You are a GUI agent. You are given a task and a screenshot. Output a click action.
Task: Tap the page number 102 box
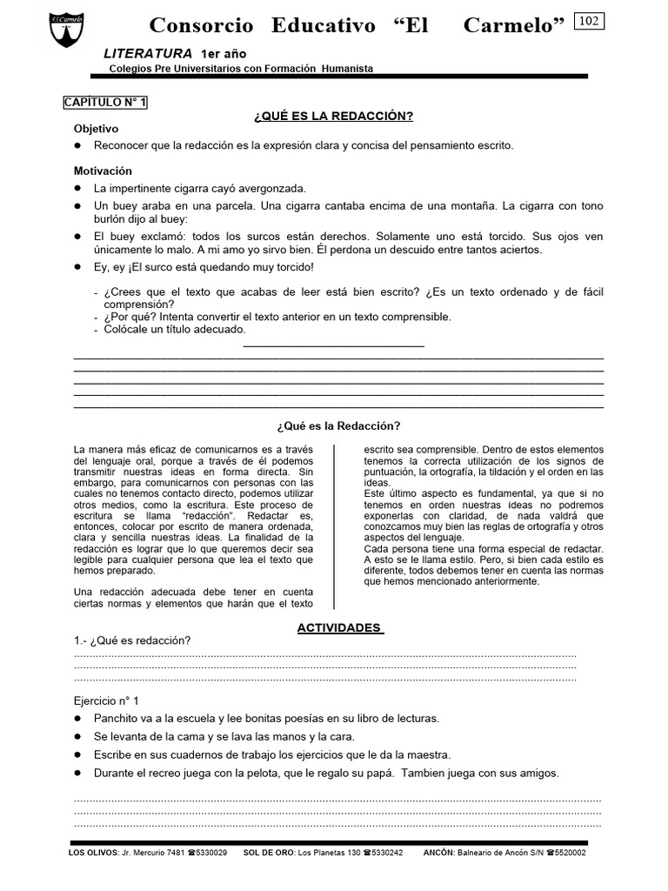(589, 21)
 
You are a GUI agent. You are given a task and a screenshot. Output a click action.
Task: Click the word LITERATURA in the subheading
(148, 54)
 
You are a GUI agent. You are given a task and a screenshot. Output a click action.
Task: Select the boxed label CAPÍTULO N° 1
(106, 102)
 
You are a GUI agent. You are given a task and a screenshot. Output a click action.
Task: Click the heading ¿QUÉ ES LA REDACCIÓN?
(333, 117)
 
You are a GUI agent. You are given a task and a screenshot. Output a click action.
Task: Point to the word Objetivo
(96, 129)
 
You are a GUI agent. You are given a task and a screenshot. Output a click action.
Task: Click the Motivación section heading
(103, 171)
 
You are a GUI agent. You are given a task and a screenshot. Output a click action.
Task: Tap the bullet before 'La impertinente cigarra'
(78, 188)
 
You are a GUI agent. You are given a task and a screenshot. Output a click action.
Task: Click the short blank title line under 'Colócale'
(333, 345)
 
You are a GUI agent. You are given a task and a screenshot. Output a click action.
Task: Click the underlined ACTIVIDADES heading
(339, 627)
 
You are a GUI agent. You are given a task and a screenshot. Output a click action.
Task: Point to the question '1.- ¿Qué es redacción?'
(132, 641)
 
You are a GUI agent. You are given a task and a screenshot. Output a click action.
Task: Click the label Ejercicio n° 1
(106, 700)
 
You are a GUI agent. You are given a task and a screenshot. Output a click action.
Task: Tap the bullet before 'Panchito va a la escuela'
(78, 719)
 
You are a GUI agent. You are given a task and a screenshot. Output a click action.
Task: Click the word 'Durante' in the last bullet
(116, 773)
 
